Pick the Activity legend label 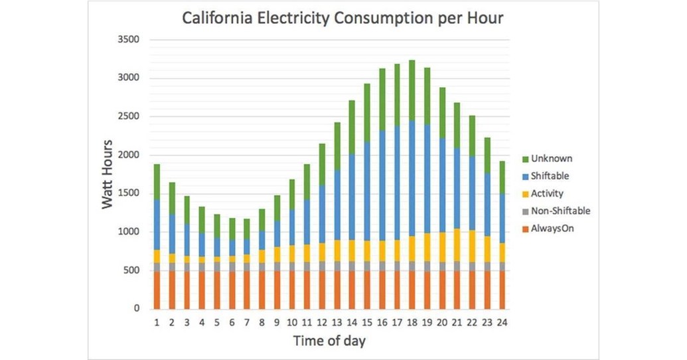[x=548, y=193]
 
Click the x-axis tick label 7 [x=247, y=323]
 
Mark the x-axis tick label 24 [x=502, y=323]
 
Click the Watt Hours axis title [x=108, y=174]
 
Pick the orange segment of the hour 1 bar [x=157, y=290]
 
